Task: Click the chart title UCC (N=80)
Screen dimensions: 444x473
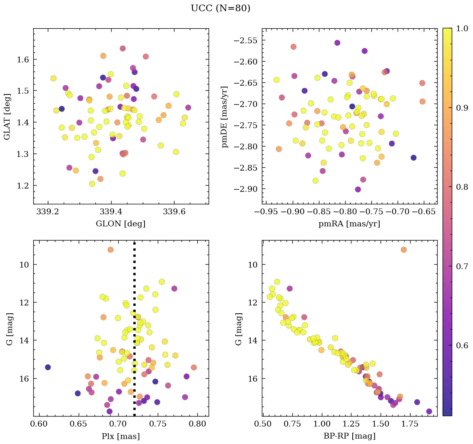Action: [220, 8]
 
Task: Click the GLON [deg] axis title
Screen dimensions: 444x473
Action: [121, 224]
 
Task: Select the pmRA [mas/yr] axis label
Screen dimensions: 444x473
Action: [349, 224]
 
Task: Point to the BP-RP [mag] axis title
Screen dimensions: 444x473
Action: [349, 436]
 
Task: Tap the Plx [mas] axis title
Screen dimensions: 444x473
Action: [121, 436]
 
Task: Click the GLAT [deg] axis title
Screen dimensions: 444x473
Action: [7, 116]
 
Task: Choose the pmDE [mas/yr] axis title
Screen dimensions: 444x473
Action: [225, 116]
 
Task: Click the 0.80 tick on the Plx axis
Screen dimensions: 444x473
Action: [198, 424]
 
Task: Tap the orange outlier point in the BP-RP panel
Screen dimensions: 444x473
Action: [403, 250]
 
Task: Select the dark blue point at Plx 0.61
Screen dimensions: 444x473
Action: [48, 367]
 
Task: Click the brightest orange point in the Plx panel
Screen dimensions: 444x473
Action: [110, 250]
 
